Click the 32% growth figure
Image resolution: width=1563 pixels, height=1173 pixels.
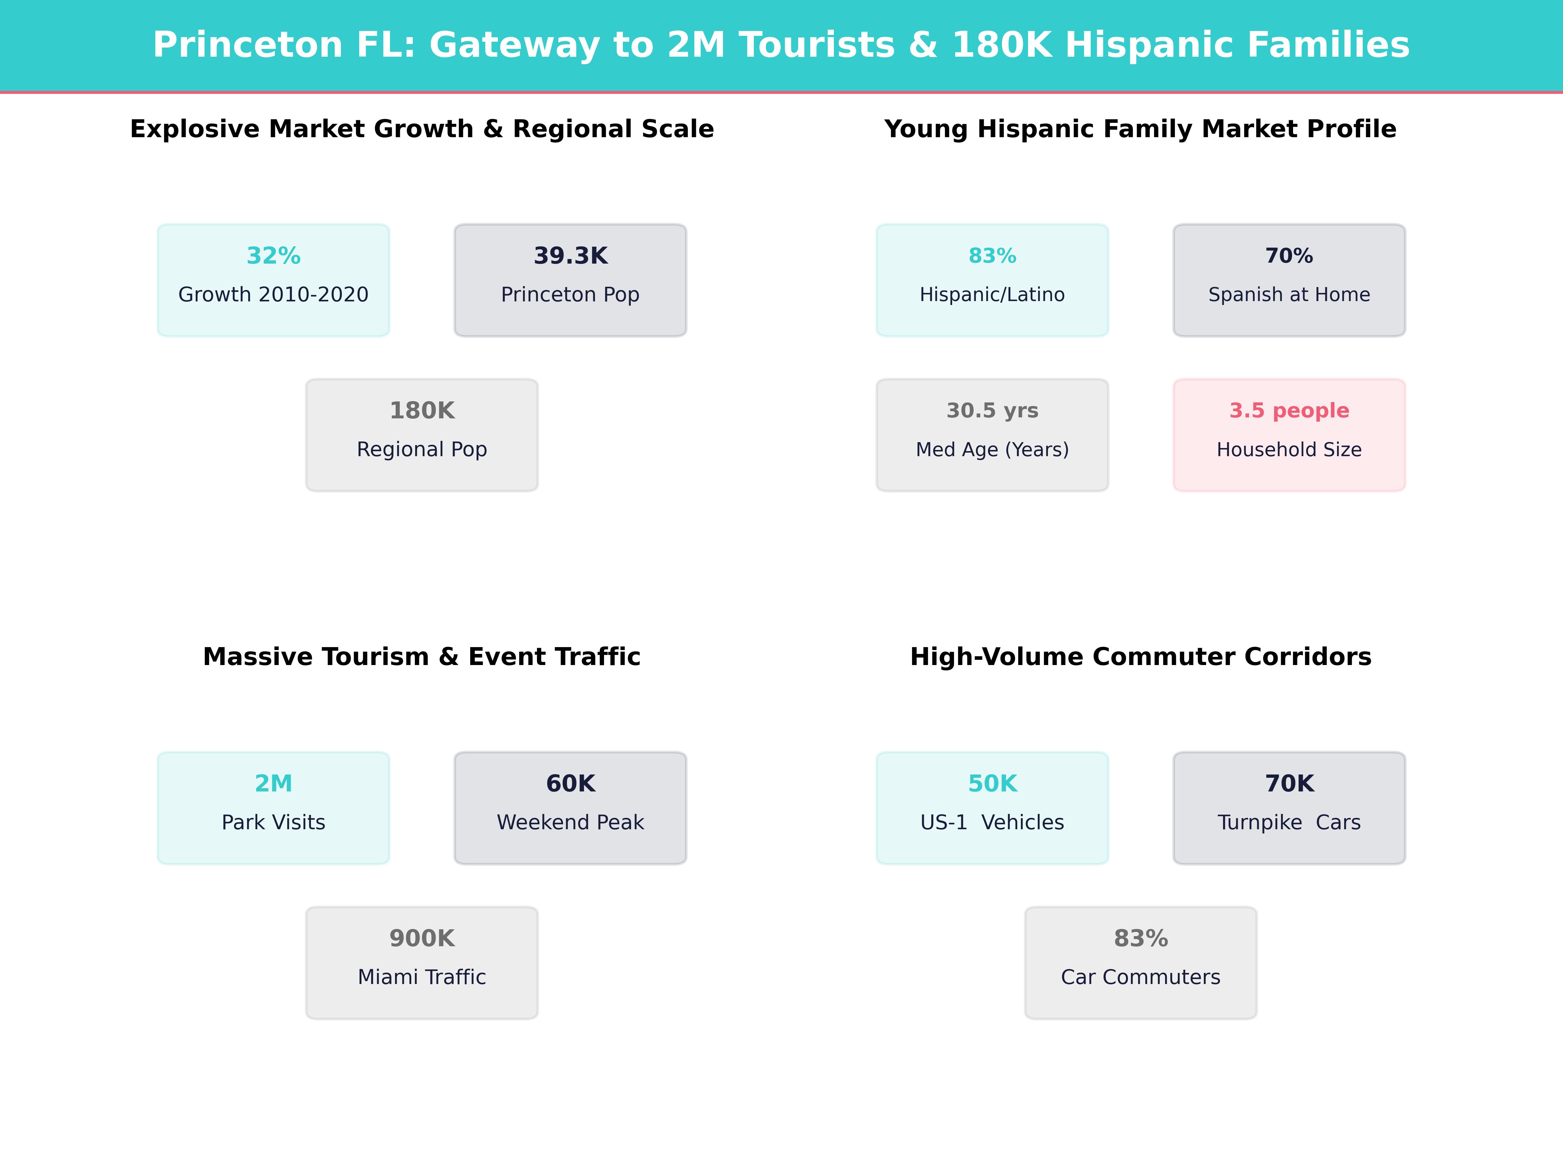click(274, 256)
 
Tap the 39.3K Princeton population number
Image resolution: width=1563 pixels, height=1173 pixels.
click(570, 256)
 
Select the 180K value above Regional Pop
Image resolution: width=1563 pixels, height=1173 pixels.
click(422, 411)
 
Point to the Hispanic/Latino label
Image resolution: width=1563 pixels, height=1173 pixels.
click(992, 295)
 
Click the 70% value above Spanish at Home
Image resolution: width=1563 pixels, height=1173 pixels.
click(1289, 256)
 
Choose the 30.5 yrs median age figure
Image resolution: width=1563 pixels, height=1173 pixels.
click(992, 411)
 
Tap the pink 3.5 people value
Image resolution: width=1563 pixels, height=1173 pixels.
click(1289, 411)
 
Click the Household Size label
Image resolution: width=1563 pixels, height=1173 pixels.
click(1289, 450)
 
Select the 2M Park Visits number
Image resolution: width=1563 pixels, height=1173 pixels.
click(274, 783)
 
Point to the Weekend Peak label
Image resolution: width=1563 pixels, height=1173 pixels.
click(570, 822)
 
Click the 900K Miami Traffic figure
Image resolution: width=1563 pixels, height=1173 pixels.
click(422, 938)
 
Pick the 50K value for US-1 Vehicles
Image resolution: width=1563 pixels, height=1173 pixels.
click(992, 783)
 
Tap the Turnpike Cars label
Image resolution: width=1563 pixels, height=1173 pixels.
click(1289, 822)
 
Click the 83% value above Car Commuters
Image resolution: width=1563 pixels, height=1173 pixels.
click(1140, 938)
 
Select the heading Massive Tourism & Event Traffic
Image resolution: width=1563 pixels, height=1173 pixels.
click(422, 657)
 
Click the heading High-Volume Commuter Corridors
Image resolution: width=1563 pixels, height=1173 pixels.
click(1140, 657)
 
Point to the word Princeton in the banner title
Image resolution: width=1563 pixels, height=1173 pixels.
click(247, 45)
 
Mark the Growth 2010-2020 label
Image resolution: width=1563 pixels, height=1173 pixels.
click(274, 295)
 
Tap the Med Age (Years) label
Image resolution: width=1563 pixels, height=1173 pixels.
click(992, 450)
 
